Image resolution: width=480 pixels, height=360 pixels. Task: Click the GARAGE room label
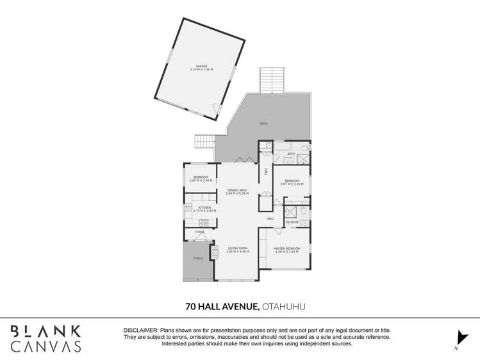coord(201,66)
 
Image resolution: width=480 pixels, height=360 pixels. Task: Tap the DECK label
coord(263,124)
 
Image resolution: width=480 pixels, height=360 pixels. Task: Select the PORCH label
coord(197,259)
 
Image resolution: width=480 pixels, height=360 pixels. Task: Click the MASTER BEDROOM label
coord(286,248)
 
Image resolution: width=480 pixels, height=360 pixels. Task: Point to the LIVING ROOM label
coord(237,248)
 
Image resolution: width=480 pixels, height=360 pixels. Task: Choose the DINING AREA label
coord(237,190)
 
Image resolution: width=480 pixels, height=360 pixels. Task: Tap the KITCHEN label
coord(204,208)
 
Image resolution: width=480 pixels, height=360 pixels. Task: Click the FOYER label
coord(191,232)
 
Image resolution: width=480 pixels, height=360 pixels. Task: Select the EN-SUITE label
coord(292,222)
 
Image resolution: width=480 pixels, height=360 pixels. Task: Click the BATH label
coord(290,154)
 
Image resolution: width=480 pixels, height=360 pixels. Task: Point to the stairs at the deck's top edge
coord(270,80)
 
